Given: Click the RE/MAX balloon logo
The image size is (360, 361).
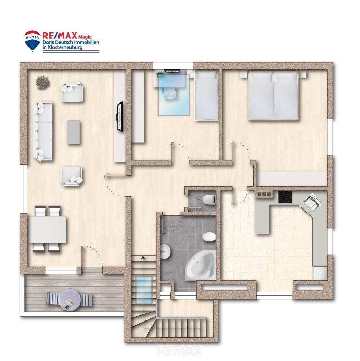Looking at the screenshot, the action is click(x=32, y=41).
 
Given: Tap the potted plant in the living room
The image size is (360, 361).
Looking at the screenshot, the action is click(x=43, y=82).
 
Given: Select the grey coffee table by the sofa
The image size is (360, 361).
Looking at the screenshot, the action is click(x=73, y=133).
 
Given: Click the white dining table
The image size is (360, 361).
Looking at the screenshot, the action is click(x=48, y=230).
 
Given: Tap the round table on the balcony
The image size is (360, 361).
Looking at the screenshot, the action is click(x=69, y=300).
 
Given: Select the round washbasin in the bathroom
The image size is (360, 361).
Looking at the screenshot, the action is click(x=165, y=252).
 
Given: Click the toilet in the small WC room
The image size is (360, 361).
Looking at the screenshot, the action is click(x=209, y=200).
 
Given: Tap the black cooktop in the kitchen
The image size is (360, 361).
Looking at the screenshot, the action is click(x=285, y=197).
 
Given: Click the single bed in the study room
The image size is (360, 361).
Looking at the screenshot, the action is click(x=206, y=96).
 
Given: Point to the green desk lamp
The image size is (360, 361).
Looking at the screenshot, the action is click(x=160, y=74).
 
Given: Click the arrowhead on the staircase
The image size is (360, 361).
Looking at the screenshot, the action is click(x=143, y=257).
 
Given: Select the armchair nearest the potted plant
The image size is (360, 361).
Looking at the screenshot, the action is click(x=72, y=92).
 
